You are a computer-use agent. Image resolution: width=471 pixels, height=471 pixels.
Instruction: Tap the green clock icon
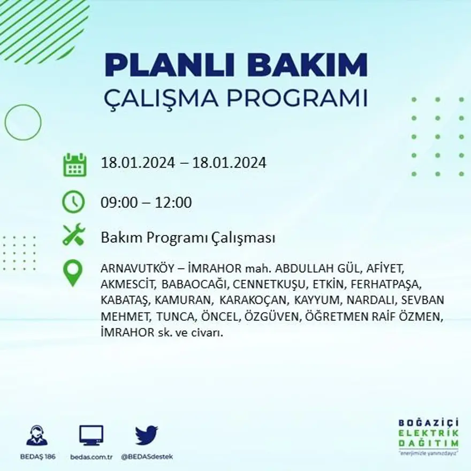tap(73, 202)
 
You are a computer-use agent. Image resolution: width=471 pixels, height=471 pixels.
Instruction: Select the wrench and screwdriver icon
tap(74, 234)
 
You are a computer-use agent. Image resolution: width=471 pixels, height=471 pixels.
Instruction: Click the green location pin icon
tap(73, 272)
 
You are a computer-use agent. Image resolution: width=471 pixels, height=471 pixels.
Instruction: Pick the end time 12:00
tap(173, 203)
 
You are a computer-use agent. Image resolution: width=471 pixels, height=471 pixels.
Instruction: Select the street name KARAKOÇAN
tap(253, 300)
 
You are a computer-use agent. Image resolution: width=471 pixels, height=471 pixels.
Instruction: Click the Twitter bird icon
tap(146, 435)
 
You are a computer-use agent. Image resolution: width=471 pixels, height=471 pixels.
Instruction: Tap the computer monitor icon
tap(91, 435)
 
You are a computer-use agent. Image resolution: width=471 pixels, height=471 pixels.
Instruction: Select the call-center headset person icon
tap(37, 435)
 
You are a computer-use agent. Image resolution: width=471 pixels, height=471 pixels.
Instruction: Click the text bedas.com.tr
tap(91, 457)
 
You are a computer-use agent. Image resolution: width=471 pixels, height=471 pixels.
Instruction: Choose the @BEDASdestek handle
tap(147, 457)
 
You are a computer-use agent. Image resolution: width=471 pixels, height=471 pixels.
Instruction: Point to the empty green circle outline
tap(23, 122)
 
